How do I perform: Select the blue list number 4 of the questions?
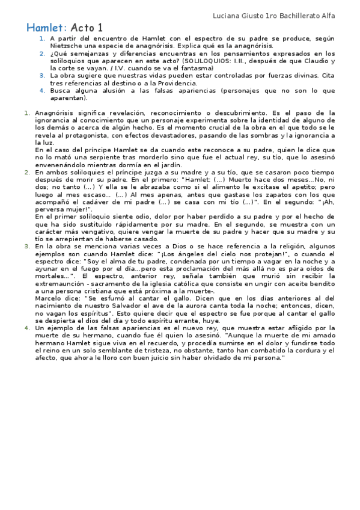click(x=42, y=91)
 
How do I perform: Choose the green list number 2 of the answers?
click(x=27, y=172)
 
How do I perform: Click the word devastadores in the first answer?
click(x=185, y=135)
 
